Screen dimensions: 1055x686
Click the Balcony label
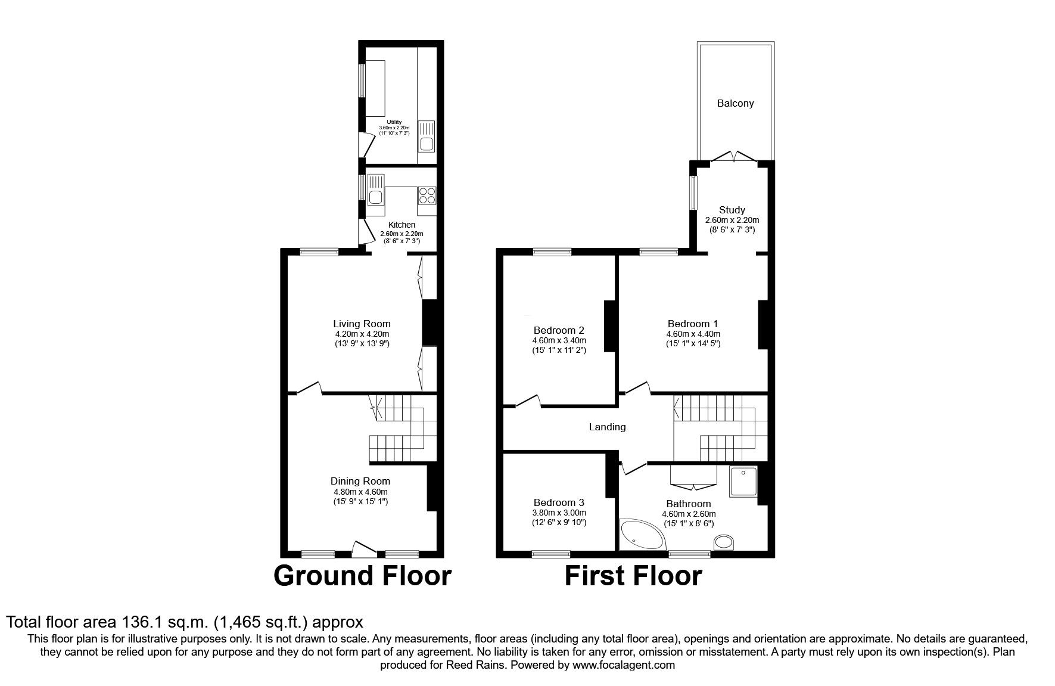coord(735,103)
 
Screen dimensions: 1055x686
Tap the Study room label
coord(732,210)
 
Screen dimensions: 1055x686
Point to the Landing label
coord(607,427)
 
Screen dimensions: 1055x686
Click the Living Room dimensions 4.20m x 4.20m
coord(362,334)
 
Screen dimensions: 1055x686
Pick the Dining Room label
coord(360,481)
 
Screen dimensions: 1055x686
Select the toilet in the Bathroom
coord(724,542)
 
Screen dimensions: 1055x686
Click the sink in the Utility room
coord(427,136)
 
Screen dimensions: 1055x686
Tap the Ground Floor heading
coord(362,576)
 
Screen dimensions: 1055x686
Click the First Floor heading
coord(633,576)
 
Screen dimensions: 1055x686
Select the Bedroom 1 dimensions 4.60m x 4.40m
coord(693,334)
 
